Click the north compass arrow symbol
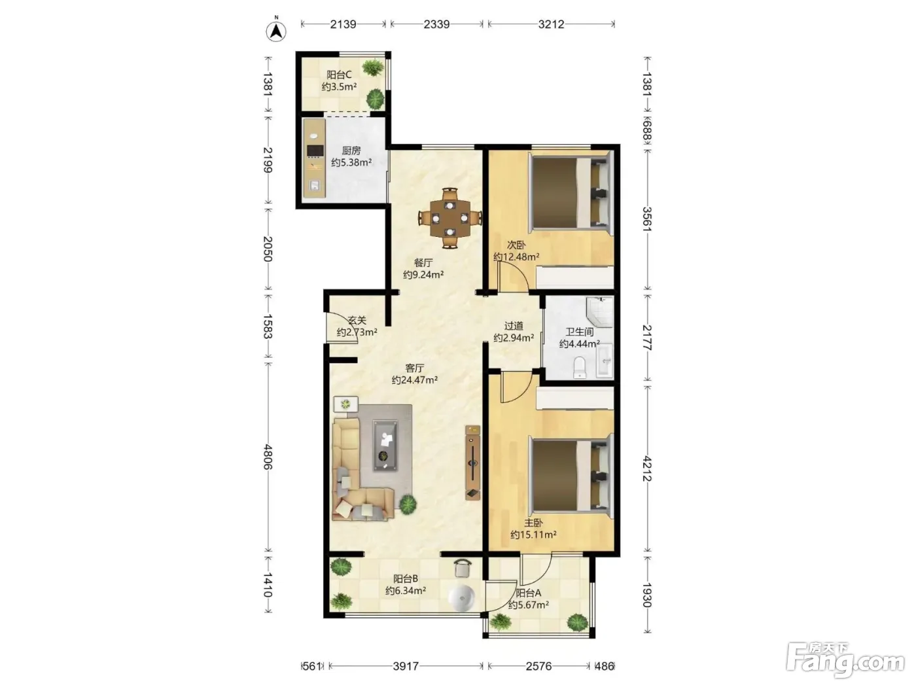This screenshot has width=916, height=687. click(x=276, y=30)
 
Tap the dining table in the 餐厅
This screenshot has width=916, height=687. click(x=450, y=218)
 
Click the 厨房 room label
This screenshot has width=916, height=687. click(x=351, y=150)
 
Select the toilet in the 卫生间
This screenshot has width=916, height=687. click(x=580, y=367)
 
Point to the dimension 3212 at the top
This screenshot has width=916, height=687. click(x=551, y=24)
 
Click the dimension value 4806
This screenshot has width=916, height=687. click(x=268, y=457)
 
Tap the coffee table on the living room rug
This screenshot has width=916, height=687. click(x=385, y=446)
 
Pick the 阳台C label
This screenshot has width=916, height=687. click(x=339, y=75)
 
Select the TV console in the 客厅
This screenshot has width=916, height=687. click(x=472, y=462)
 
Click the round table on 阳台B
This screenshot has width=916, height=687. click(x=461, y=598)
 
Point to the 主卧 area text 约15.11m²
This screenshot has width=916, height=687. click(x=533, y=535)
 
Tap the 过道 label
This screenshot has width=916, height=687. click(x=514, y=325)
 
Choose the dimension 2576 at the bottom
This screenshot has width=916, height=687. click(x=538, y=666)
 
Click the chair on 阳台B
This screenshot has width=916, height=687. click(x=463, y=568)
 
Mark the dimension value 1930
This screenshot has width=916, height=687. click(x=647, y=595)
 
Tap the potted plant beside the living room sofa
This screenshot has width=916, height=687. click(x=408, y=504)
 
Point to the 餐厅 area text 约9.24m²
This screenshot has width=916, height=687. click(x=423, y=274)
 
